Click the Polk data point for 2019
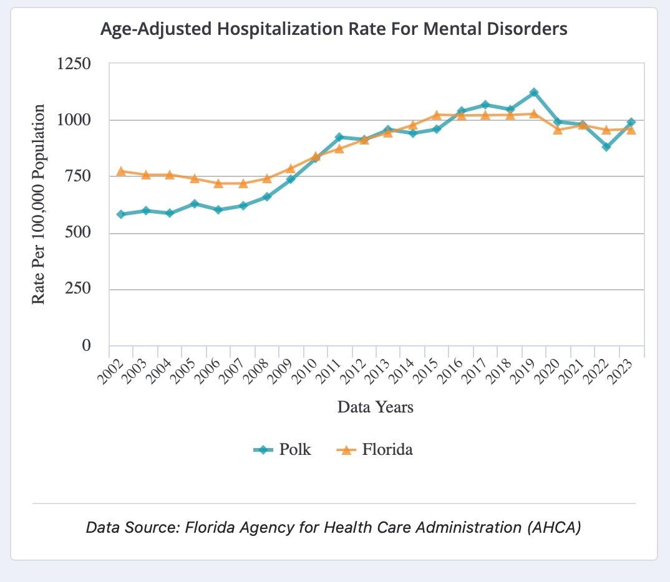(x=534, y=92)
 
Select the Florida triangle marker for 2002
(x=121, y=171)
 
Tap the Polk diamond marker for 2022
(x=606, y=146)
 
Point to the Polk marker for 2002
(x=121, y=214)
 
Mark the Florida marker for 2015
(x=437, y=115)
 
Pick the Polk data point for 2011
(x=340, y=137)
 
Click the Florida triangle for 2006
(x=218, y=183)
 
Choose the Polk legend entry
(x=282, y=449)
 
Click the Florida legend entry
(x=375, y=449)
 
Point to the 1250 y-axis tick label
(x=74, y=64)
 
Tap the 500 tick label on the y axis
(x=78, y=232)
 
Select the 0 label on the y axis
(x=86, y=345)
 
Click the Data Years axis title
(x=376, y=407)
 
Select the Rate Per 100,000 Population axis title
(x=39, y=204)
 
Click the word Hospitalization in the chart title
(x=280, y=29)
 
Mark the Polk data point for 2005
(x=195, y=204)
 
